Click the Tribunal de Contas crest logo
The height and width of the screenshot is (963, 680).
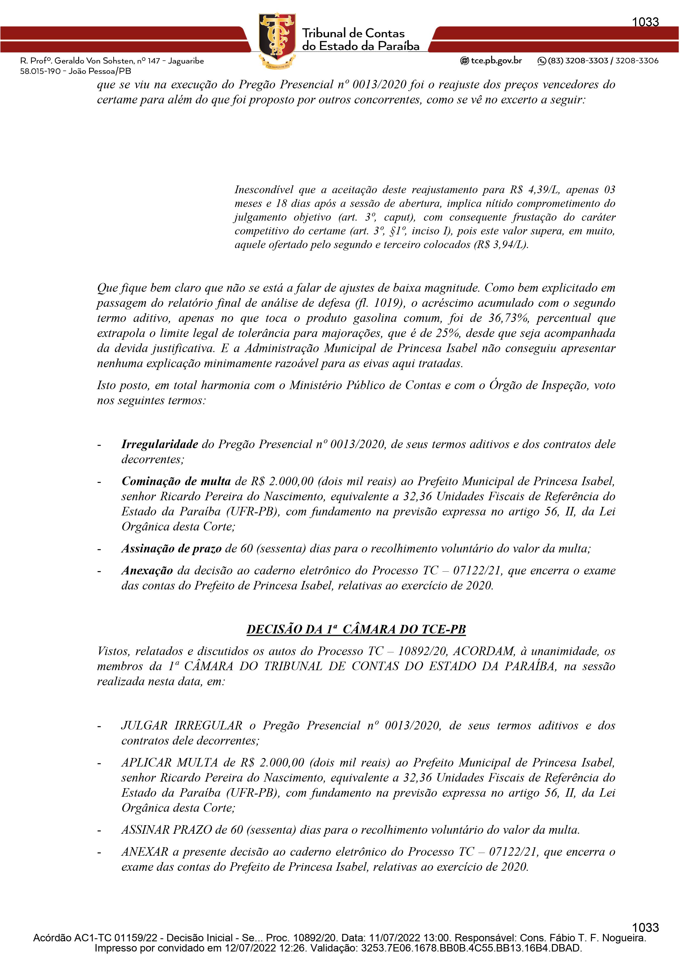pos(277,40)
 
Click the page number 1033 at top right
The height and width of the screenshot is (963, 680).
pos(645,22)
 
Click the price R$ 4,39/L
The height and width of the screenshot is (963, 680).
pos(535,190)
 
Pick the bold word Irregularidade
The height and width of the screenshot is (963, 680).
pos(160,444)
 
